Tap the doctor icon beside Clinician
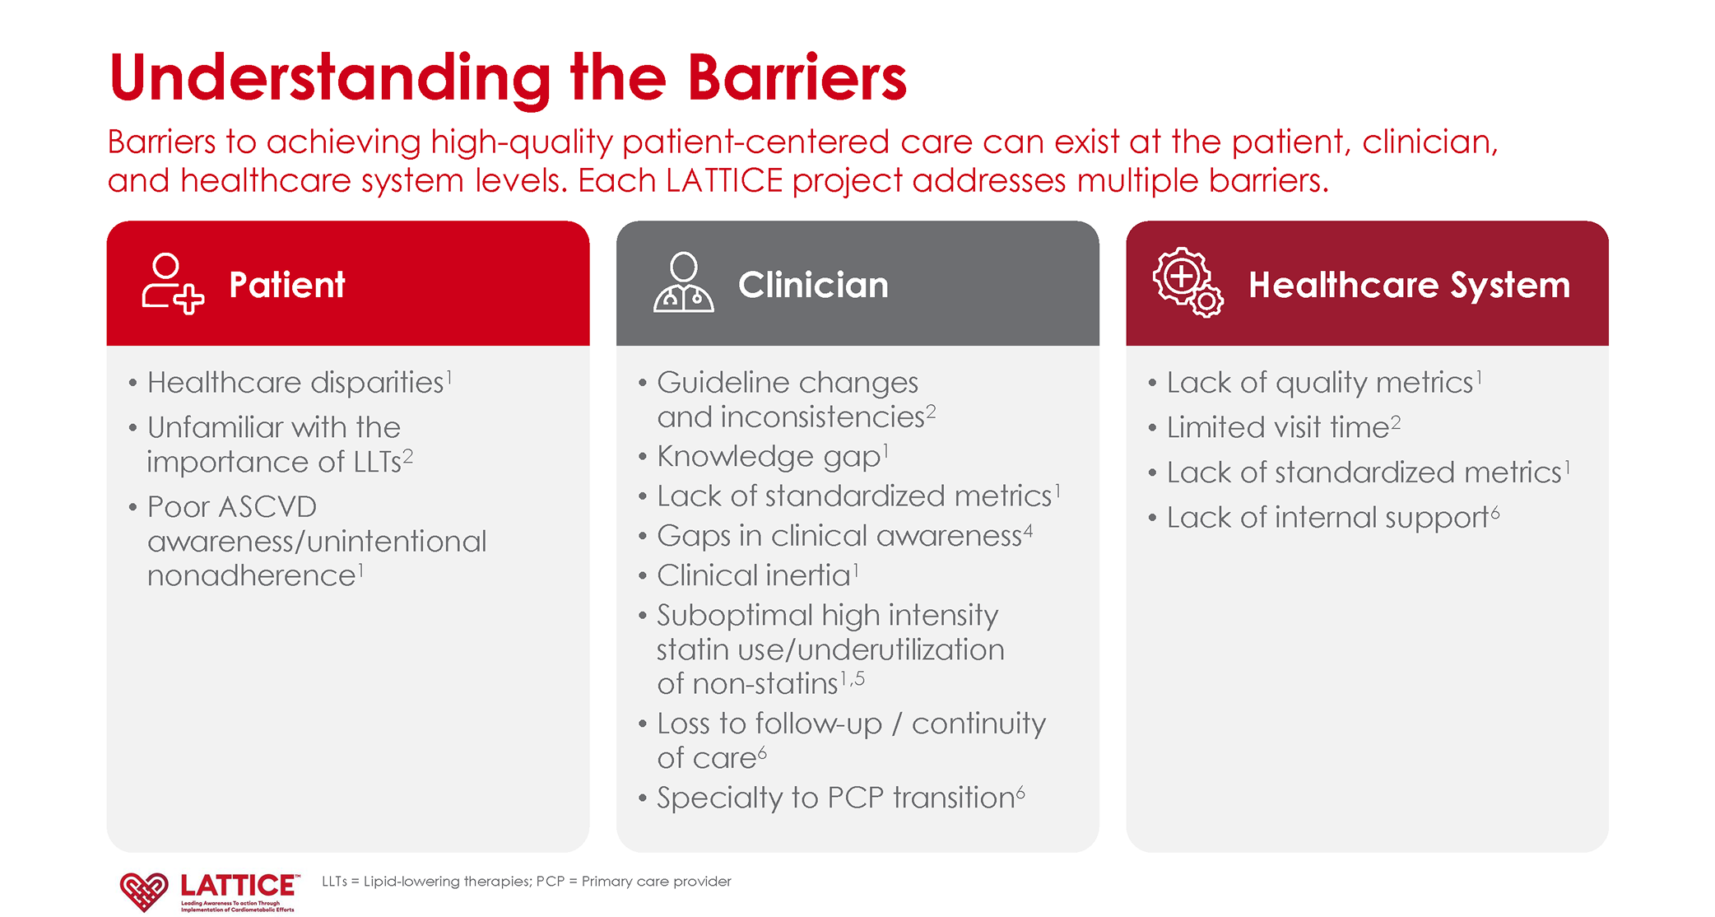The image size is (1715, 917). pos(683,283)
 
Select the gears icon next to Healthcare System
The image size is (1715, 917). pos(1187,283)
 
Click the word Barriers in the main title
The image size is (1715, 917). pos(796,78)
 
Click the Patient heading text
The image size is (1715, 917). pos(286,285)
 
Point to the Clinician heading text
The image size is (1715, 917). pos(812,285)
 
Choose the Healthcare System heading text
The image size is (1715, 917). pos(1408,285)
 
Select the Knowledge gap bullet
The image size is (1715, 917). pos(768,457)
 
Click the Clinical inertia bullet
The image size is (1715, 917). pos(753,575)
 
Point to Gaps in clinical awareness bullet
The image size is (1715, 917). pos(839,536)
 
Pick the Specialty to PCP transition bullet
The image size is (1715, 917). pos(834,798)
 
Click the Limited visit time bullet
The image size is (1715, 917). pos(1277,428)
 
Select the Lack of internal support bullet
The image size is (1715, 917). pos(1327,518)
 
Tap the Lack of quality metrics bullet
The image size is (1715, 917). pos(1319,383)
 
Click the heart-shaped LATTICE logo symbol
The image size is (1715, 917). pos(144,891)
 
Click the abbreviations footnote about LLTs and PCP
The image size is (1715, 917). pos(526,882)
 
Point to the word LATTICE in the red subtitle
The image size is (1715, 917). pos(723,181)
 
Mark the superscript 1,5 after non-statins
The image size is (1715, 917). pos(853,679)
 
